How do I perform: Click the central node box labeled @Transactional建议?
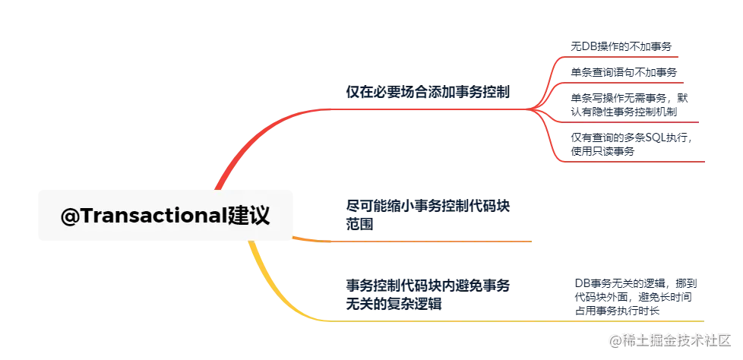(166, 216)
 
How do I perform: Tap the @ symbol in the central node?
(70, 216)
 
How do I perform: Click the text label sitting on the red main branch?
(428, 93)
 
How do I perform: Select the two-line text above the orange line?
(428, 214)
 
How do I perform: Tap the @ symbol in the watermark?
(612, 339)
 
